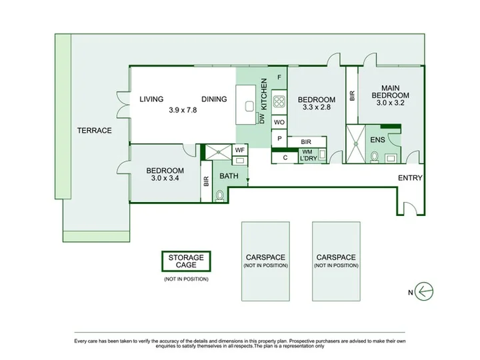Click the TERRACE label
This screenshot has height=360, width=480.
pyautogui.click(x=94, y=131)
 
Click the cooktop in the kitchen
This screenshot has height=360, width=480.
pyautogui.click(x=279, y=101)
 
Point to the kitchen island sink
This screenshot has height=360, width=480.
pyautogui.click(x=249, y=106)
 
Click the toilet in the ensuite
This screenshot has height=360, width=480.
pyautogui.click(x=375, y=157)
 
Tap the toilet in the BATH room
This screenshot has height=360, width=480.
pyautogui.click(x=219, y=196)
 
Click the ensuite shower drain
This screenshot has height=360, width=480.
pyautogui.click(x=356, y=143)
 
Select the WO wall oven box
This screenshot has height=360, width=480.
pyautogui.click(x=279, y=122)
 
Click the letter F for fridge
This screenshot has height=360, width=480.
pyautogui.click(x=279, y=77)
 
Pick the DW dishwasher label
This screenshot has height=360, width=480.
pyautogui.click(x=262, y=119)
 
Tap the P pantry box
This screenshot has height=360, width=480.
pyautogui.click(x=279, y=139)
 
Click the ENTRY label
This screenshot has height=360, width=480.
pyautogui.click(x=410, y=178)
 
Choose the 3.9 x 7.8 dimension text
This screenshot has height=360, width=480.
pyautogui.click(x=183, y=110)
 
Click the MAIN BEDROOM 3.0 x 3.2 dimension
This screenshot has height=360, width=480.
pyautogui.click(x=390, y=103)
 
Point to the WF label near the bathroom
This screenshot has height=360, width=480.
pyautogui.click(x=240, y=150)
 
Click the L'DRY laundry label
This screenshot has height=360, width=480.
pyautogui.click(x=308, y=159)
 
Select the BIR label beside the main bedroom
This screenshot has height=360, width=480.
pyautogui.click(x=352, y=95)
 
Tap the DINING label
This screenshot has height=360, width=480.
pyautogui.click(x=214, y=99)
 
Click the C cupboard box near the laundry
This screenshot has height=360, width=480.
pyautogui.click(x=285, y=157)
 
